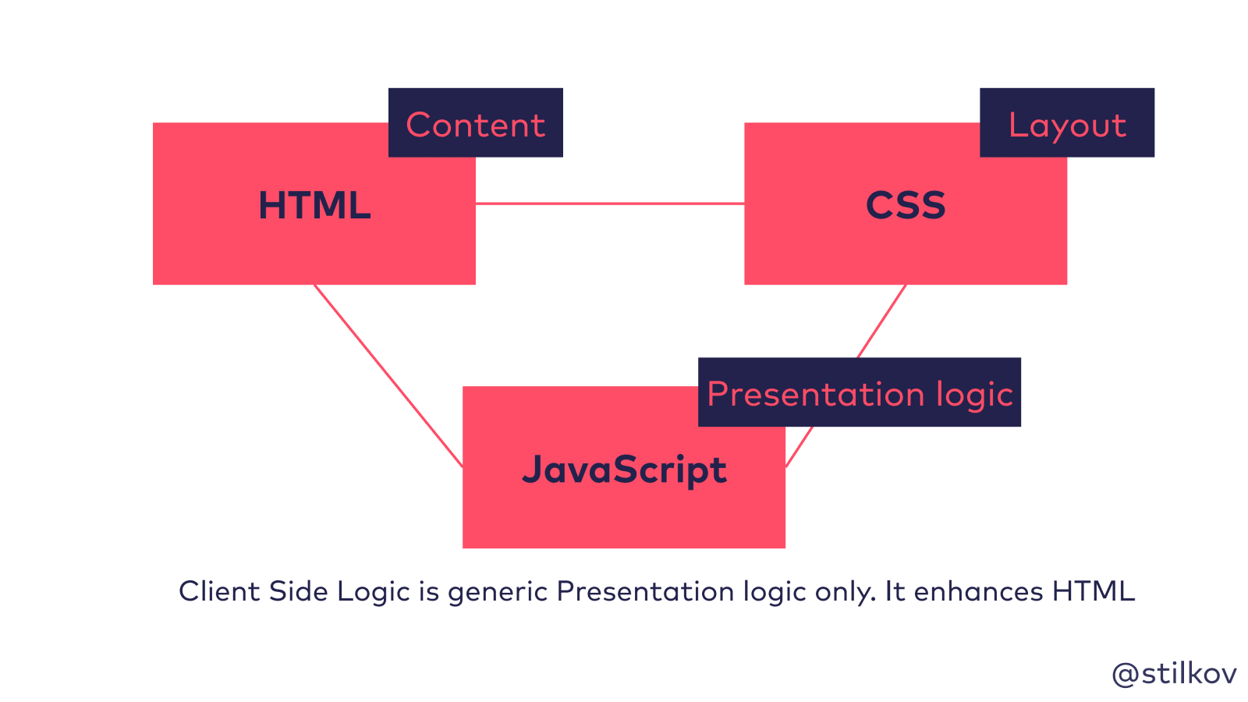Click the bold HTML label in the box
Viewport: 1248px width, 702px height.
click(x=315, y=205)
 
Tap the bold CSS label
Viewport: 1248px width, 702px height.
click(x=906, y=205)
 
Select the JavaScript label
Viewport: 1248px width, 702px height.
click(x=624, y=470)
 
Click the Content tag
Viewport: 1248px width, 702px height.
click(x=475, y=124)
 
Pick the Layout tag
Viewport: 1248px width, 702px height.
click(x=1068, y=126)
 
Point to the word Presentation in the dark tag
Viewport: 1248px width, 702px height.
click(x=816, y=394)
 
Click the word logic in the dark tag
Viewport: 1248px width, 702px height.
click(x=974, y=395)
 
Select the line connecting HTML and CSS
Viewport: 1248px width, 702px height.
click(x=610, y=204)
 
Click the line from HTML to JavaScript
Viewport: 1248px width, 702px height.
click(x=388, y=375)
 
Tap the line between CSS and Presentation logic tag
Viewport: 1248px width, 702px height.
click(x=882, y=321)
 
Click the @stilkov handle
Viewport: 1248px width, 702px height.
click(x=1174, y=674)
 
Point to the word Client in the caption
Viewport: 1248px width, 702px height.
click(x=219, y=591)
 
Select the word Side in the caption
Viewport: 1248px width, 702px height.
click(x=299, y=591)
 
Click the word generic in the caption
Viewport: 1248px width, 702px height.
click(x=498, y=594)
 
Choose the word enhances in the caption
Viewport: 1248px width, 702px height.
click(x=978, y=591)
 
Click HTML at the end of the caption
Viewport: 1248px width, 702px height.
click(x=1093, y=591)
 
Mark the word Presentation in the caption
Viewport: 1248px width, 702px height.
click(x=645, y=591)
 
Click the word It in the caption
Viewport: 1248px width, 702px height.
click(x=895, y=591)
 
